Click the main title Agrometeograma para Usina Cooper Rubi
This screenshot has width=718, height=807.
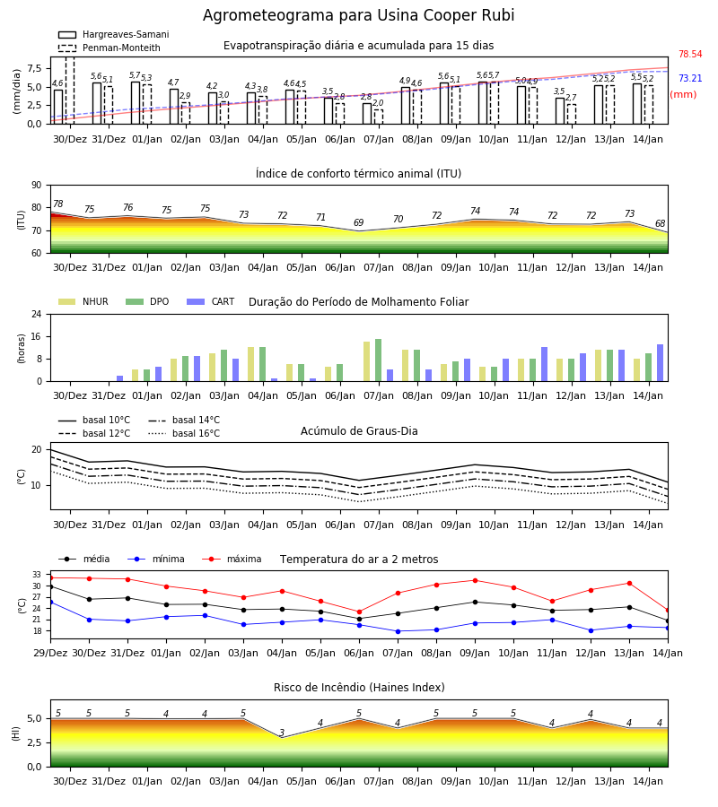point(358,15)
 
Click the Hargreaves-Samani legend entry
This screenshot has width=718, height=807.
point(113,34)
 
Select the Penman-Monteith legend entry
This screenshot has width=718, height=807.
point(109,48)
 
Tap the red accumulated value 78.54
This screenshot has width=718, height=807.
point(690,54)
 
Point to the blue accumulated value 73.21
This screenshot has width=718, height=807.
point(690,78)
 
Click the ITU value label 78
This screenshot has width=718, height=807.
point(58,204)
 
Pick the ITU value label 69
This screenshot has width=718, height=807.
point(358,222)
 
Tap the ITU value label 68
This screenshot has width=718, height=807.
point(661,223)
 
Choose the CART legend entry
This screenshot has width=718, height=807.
point(211,301)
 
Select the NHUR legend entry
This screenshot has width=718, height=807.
point(83,301)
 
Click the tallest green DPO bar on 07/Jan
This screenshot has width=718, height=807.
point(379,360)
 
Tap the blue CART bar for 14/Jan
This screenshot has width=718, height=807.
point(661,363)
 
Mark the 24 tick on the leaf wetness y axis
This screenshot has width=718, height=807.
point(37,314)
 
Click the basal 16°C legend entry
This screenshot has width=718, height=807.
point(184,433)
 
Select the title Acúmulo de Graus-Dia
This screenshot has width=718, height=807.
point(359,430)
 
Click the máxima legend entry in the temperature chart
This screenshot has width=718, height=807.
point(232,559)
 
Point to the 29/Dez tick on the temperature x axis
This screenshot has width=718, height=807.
point(50,653)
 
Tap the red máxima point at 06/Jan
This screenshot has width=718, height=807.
point(360,612)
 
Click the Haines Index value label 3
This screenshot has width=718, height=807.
point(282,733)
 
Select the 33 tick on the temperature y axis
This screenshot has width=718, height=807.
point(37,575)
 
